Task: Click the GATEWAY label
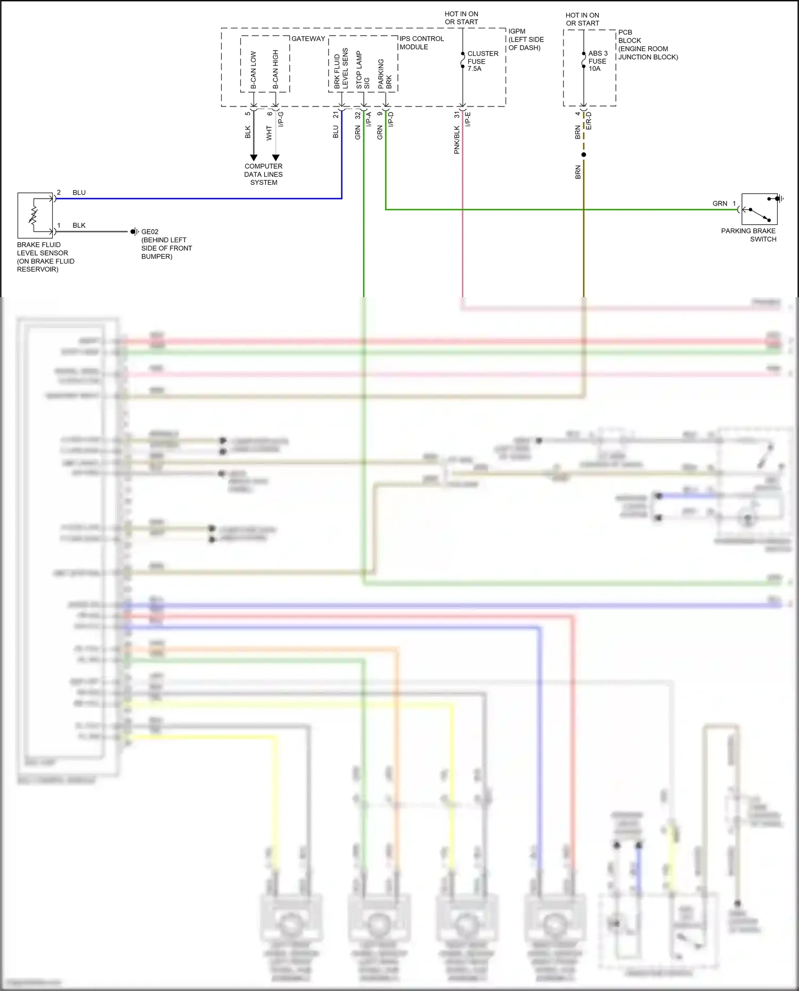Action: click(x=308, y=39)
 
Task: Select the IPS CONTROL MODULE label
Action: click(x=421, y=43)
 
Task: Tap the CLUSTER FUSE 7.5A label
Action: click(x=483, y=61)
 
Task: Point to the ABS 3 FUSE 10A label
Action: click(x=598, y=61)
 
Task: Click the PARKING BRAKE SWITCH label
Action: click(x=748, y=235)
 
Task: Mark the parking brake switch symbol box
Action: click(x=759, y=209)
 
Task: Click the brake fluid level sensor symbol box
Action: click(x=35, y=215)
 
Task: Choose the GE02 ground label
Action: click(x=150, y=232)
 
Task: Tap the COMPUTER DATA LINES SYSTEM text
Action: click(x=264, y=174)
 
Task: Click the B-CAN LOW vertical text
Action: click(x=254, y=70)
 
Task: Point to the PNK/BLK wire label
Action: click(x=456, y=140)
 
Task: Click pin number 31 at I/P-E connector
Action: click(x=456, y=114)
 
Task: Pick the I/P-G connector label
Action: click(x=281, y=119)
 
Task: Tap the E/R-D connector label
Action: click(x=589, y=121)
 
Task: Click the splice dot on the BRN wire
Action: click(x=584, y=155)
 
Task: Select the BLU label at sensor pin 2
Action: click(x=79, y=193)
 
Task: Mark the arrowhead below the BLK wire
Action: click(x=254, y=158)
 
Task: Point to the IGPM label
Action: click(x=517, y=31)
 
